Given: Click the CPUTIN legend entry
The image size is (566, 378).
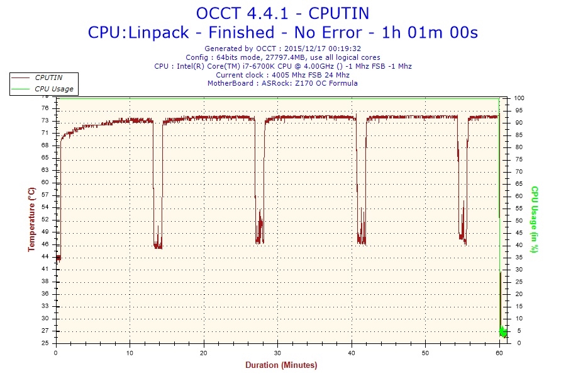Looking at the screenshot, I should pos(48,77).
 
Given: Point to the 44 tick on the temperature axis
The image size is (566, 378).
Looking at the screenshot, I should pos(46,256).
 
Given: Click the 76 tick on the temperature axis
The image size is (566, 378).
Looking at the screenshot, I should pos(46,108).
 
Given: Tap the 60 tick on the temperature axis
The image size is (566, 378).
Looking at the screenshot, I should pos(46,182).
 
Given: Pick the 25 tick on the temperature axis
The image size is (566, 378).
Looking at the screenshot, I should pos(46,343).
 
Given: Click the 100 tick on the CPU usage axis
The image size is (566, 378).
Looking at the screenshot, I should pos(519,98).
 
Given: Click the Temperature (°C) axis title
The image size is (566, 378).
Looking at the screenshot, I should pos(31,219).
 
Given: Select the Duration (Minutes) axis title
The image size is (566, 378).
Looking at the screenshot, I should pos(280,365).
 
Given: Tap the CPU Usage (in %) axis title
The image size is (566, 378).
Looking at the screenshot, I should pos(535,219).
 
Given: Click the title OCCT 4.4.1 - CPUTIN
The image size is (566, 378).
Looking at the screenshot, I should pos(282,13).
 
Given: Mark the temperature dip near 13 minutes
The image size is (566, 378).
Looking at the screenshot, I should pos(158,243).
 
